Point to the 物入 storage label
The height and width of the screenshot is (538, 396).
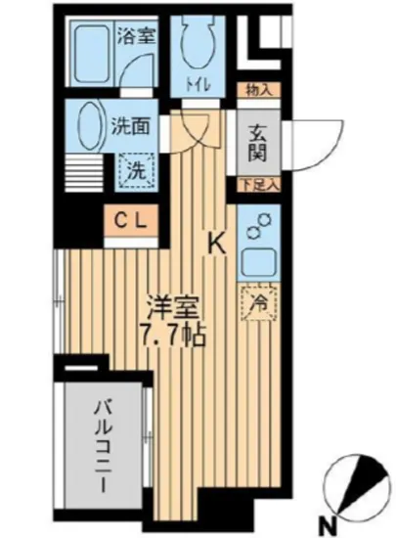coord(259,90)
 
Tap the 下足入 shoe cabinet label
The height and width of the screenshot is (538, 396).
coord(258,184)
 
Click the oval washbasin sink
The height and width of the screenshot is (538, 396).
coord(84,127)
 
